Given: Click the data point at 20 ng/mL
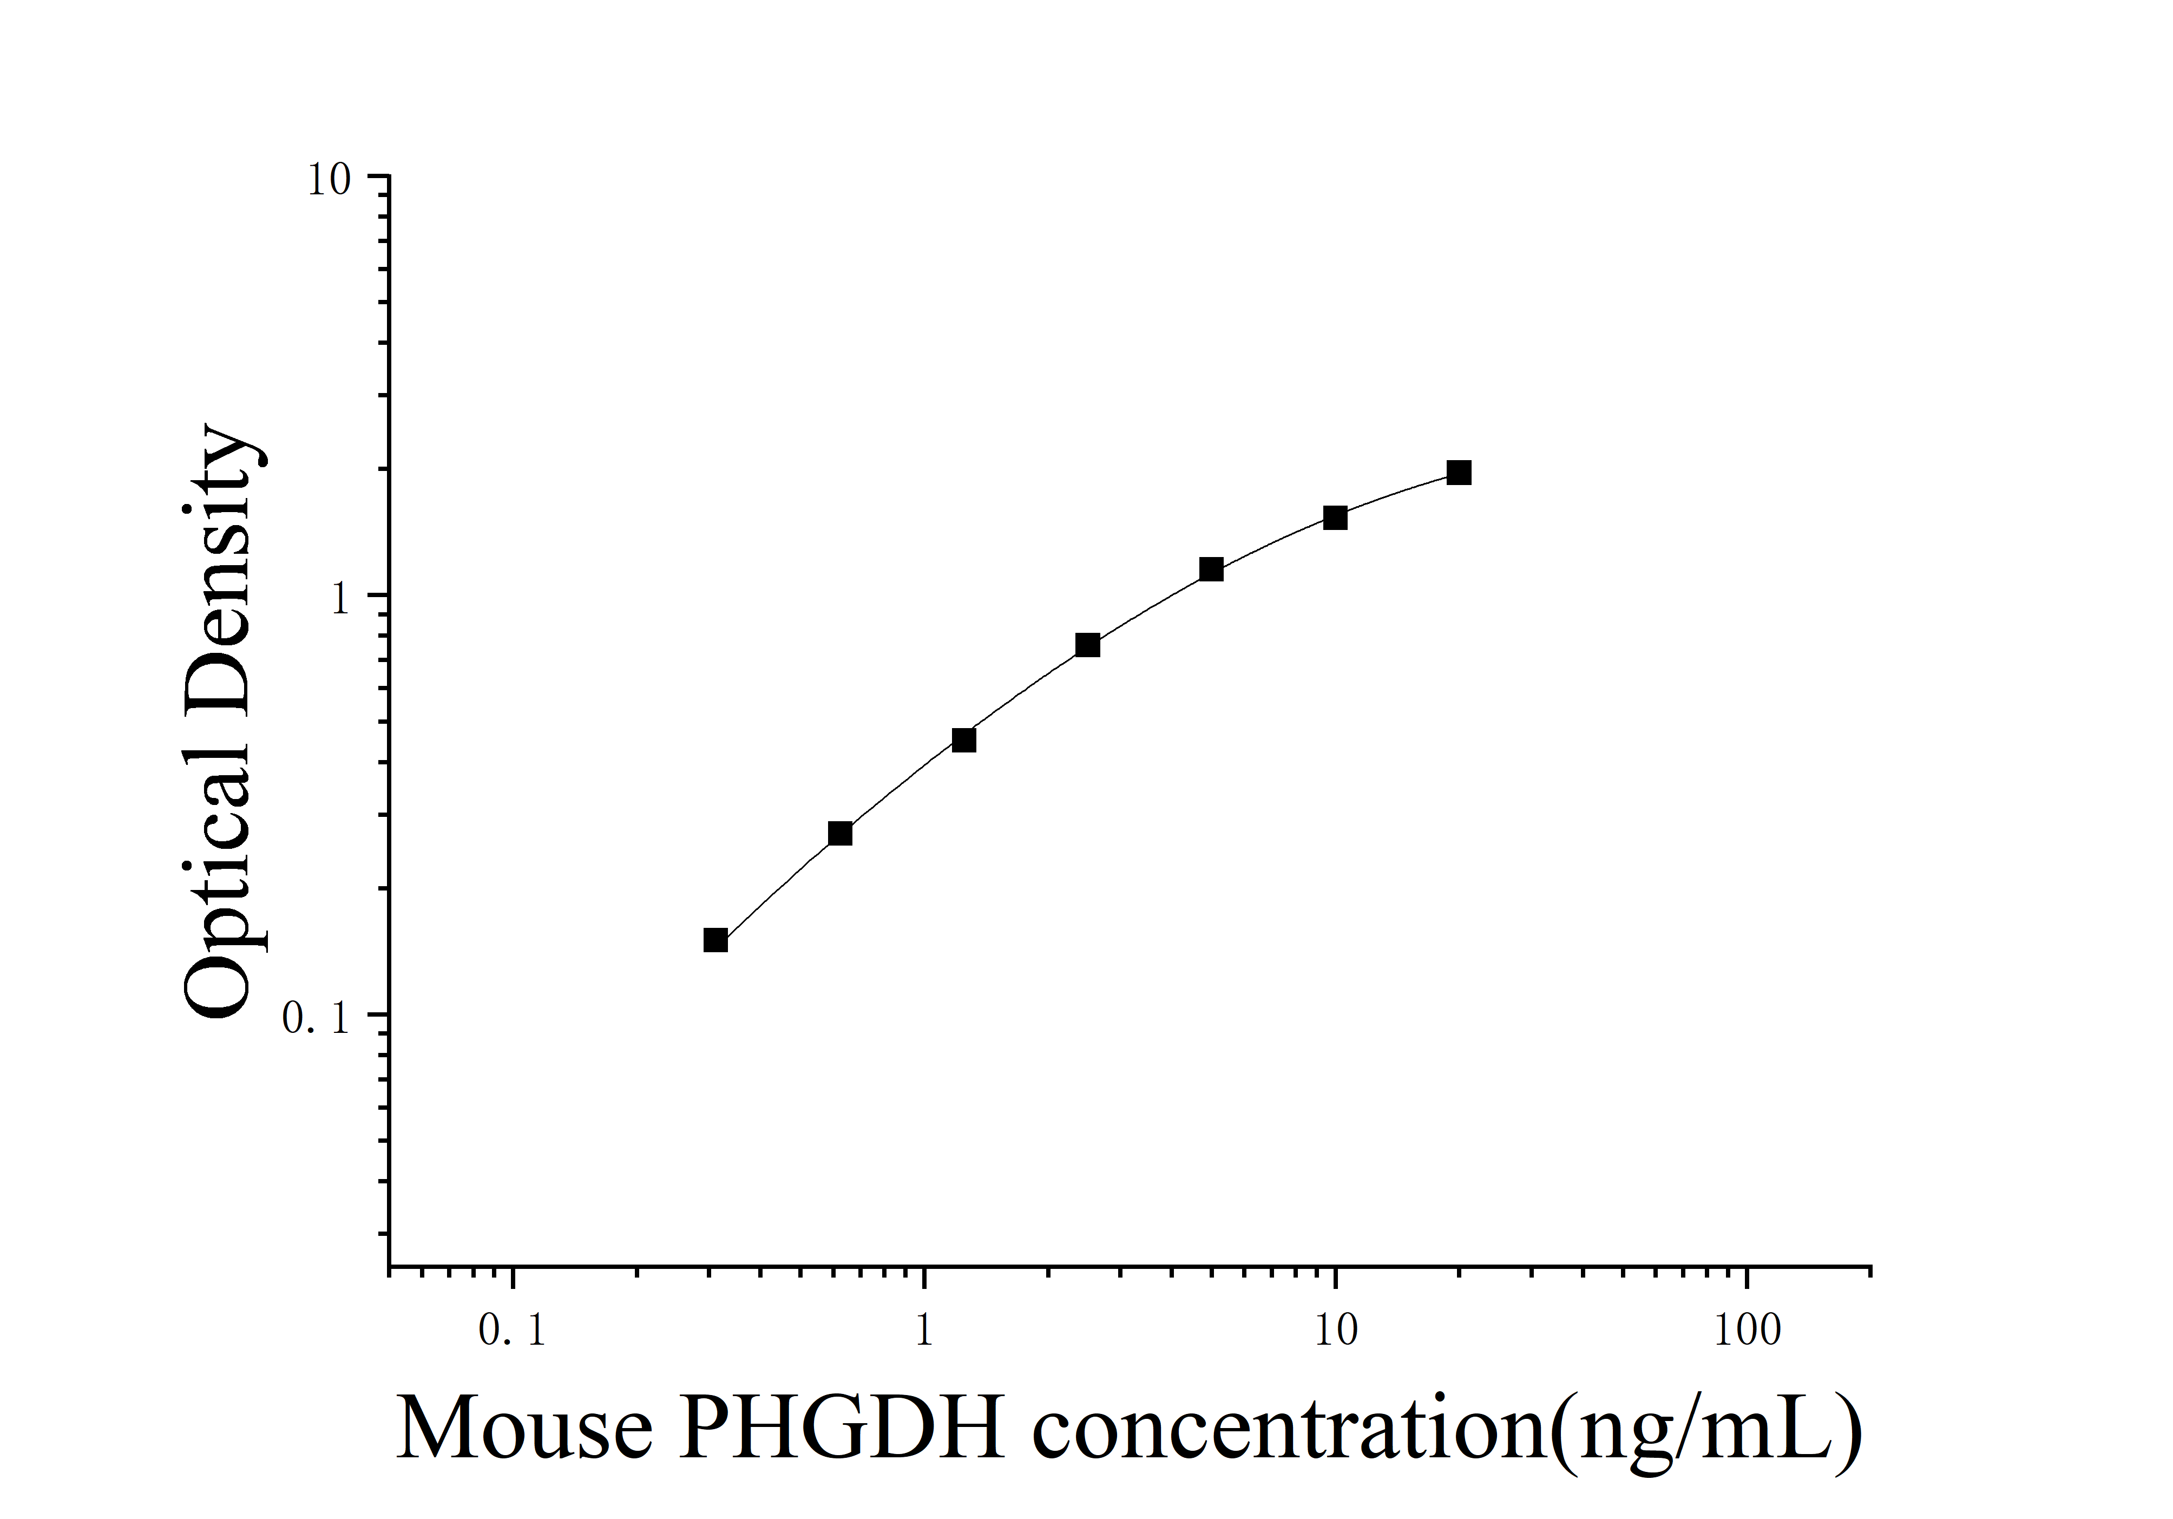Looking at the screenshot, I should (1459, 472).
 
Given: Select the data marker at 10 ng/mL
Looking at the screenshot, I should (1335, 517).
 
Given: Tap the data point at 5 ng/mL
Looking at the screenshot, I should (1211, 569).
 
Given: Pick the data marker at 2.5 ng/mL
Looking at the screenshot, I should (1087, 645).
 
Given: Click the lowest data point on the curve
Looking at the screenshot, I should (715, 940).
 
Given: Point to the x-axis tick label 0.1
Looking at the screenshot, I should (512, 1331).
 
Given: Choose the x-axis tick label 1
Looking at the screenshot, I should (924, 1331).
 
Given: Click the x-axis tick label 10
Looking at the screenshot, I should (1335, 1331).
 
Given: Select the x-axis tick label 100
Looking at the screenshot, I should (1746, 1331).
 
